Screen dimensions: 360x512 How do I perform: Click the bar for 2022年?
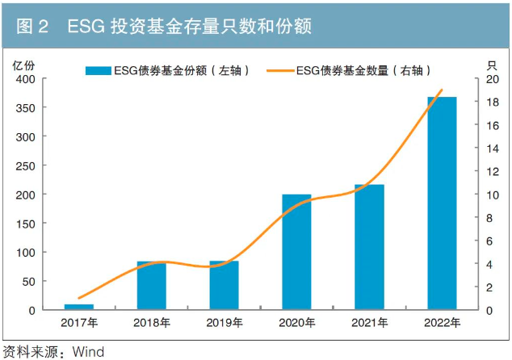442,203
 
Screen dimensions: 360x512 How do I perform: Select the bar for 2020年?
296,252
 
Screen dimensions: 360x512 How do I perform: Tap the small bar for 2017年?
79,307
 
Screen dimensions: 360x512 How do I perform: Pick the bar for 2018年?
152,285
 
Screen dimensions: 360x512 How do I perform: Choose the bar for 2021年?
369,247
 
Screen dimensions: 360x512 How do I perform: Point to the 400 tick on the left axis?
24,79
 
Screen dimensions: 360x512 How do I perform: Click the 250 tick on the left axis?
24,165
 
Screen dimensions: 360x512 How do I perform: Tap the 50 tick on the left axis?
27,281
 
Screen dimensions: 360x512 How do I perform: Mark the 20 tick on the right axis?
491,79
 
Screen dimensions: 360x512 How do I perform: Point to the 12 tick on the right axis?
491,171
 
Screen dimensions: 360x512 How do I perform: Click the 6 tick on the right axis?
488,241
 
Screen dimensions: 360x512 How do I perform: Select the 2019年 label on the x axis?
225,324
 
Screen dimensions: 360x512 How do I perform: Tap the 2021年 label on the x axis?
370,324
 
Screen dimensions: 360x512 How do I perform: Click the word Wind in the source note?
88,352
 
